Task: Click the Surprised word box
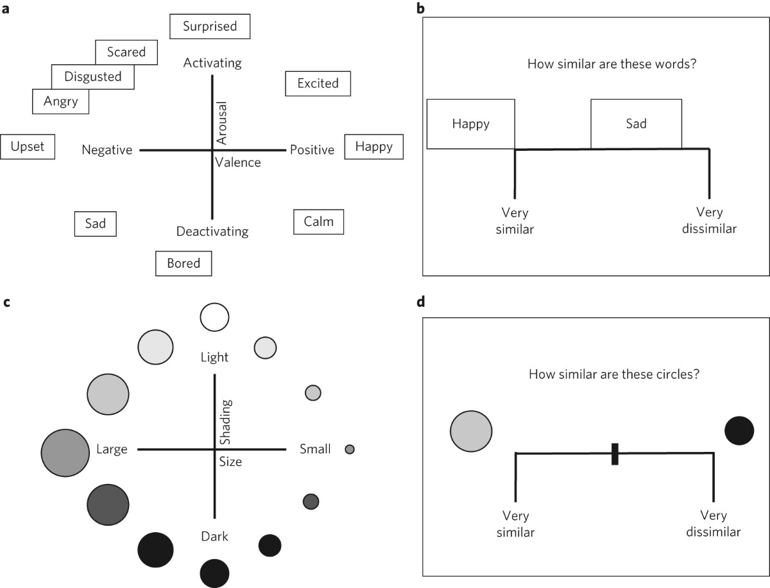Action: tap(210, 26)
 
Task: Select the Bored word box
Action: tap(184, 263)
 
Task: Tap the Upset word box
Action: tap(28, 146)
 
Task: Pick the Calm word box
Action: tap(318, 221)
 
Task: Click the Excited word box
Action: tap(318, 83)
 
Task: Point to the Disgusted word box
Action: tap(93, 77)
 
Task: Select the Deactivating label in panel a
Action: tap(212, 231)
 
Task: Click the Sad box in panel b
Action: tap(636, 124)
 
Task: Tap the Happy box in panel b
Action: tap(470, 124)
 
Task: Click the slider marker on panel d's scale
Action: tap(615, 453)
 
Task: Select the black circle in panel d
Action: tap(739, 431)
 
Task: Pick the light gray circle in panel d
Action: tap(471, 431)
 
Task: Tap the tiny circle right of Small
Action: tap(350, 449)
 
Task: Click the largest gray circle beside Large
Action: tap(64, 453)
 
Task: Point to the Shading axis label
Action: tap(225, 422)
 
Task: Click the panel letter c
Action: tap(6, 302)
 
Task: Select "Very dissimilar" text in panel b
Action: tap(710, 220)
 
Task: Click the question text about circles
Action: tap(614, 374)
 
